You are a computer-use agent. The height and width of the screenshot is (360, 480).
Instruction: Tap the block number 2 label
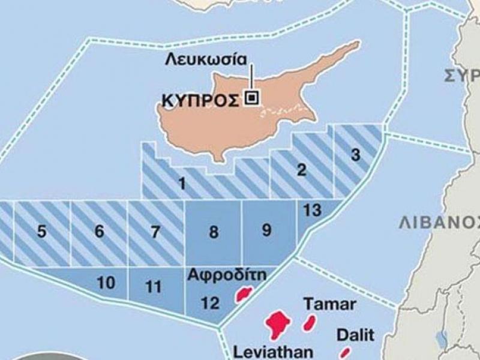[302, 170]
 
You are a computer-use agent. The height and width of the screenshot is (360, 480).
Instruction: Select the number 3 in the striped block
[356, 155]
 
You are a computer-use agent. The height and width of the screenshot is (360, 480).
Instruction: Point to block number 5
[41, 232]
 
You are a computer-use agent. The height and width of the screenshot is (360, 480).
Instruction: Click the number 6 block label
[100, 232]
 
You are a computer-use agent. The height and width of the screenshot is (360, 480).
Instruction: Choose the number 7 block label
[156, 232]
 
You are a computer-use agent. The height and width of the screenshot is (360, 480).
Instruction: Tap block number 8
[214, 233]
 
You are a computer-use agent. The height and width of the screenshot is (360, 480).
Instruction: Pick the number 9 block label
[267, 230]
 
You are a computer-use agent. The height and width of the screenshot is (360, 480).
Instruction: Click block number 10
[106, 283]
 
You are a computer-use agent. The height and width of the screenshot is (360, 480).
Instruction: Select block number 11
[154, 287]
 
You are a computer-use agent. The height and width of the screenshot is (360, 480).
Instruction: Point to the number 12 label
[210, 304]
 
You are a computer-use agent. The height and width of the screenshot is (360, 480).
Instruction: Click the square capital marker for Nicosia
[252, 98]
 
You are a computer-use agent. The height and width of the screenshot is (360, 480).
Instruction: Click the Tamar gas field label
[330, 303]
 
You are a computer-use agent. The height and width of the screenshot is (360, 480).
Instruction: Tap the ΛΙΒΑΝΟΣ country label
[439, 223]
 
